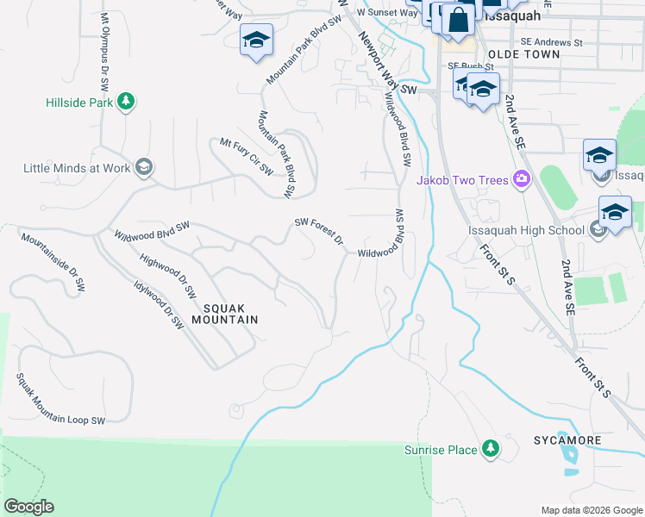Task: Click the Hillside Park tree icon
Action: pyautogui.click(x=126, y=102)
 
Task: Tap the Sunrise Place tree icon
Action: pyautogui.click(x=490, y=449)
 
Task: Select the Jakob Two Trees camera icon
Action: pyautogui.click(x=521, y=179)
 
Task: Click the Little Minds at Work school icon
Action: pyautogui.click(x=144, y=167)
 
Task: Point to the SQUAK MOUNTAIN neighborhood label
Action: pyautogui.click(x=230, y=313)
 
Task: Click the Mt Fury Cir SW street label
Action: pyautogui.click(x=247, y=157)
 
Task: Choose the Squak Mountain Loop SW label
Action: pyautogui.click(x=60, y=398)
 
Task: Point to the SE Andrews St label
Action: pyautogui.click(x=552, y=41)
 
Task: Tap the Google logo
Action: pyautogui.click(x=28, y=507)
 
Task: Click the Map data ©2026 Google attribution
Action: pyautogui.click(x=591, y=510)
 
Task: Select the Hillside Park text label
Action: pyautogui.click(x=80, y=102)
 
